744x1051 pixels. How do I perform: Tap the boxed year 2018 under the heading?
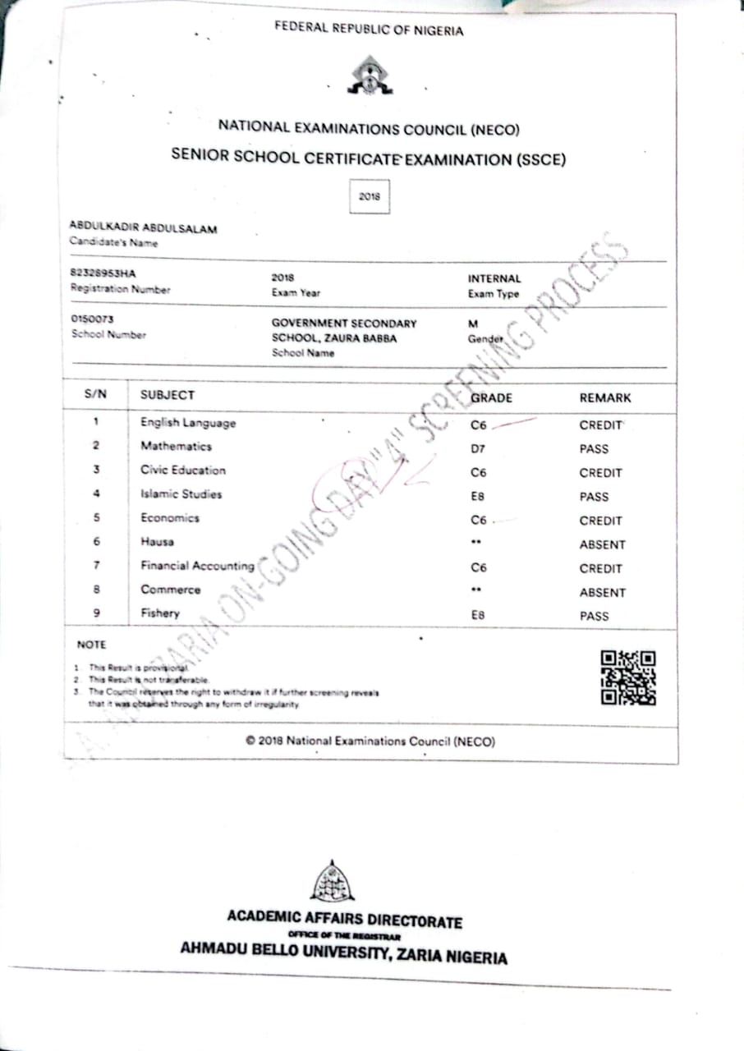pos(370,197)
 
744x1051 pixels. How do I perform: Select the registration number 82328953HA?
pos(103,274)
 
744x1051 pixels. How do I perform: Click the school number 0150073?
pos(92,319)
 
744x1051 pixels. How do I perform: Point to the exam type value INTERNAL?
pos(494,278)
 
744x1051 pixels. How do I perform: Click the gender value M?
pos(473,324)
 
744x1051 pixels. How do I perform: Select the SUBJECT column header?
pos(168,395)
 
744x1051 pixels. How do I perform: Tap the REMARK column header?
pos(605,397)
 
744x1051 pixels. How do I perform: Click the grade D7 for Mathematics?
pos(479,449)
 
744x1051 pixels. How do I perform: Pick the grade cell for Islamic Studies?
pos(479,497)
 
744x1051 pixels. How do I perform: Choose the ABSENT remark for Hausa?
pos(602,544)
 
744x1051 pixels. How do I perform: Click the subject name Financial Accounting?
pos(197,566)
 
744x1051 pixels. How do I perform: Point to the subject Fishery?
pos(159,613)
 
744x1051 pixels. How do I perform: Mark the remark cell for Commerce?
pos(602,592)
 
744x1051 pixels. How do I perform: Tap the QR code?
pos(628,677)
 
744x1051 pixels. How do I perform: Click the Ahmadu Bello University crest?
pos(333,881)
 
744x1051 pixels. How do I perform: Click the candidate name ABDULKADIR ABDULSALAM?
pos(143,229)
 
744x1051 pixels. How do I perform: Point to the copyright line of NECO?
pos(370,741)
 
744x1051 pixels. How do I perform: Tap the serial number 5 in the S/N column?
pos(96,518)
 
